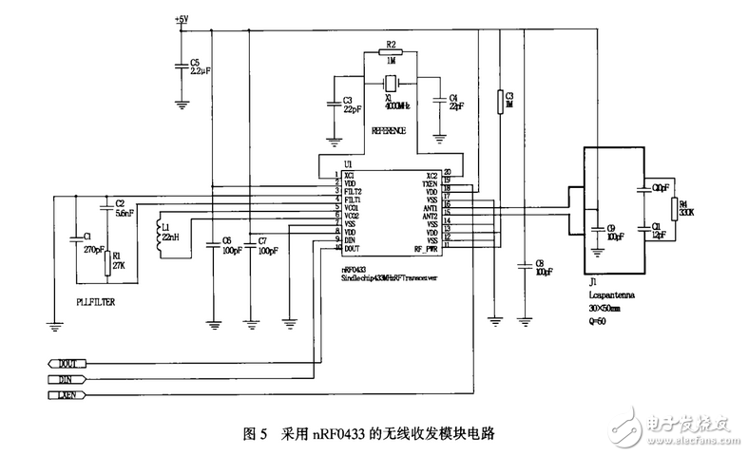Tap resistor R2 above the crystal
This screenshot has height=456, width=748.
click(x=391, y=55)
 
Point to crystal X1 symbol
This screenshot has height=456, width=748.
click(x=391, y=83)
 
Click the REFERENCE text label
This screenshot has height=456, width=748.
click(x=389, y=130)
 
